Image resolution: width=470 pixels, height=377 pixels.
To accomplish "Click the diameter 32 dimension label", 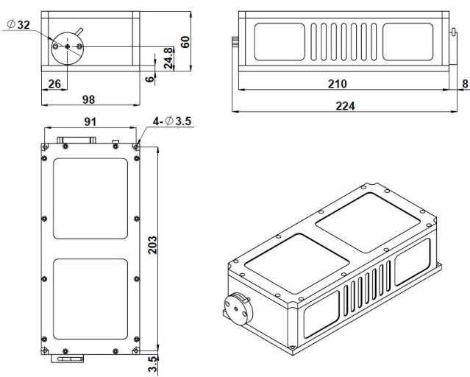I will [x=19, y=24].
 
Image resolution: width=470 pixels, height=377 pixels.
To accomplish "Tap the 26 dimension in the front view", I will [x=54, y=85].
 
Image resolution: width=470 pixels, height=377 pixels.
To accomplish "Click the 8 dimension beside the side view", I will [x=464, y=84].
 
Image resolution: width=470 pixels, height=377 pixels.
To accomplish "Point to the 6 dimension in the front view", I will [x=149, y=79].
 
